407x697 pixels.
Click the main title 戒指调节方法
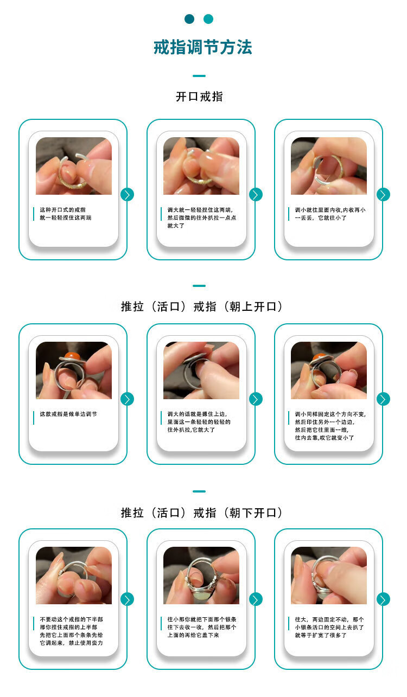203,47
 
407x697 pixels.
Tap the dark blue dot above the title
189,19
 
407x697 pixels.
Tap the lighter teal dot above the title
208,19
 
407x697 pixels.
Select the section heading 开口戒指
199,97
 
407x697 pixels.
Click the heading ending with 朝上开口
202,306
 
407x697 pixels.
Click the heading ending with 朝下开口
202,513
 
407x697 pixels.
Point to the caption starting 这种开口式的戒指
66,214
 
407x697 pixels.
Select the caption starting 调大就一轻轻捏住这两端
202,218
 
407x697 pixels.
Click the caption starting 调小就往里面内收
330,214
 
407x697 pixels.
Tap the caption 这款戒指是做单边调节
68,414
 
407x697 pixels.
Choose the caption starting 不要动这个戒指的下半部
71,631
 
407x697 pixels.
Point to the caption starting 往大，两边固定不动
329,627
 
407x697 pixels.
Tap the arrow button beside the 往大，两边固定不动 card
383,599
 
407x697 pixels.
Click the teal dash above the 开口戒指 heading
199,75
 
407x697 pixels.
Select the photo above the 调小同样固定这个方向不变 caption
329,370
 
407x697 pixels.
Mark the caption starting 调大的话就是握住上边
199,422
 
